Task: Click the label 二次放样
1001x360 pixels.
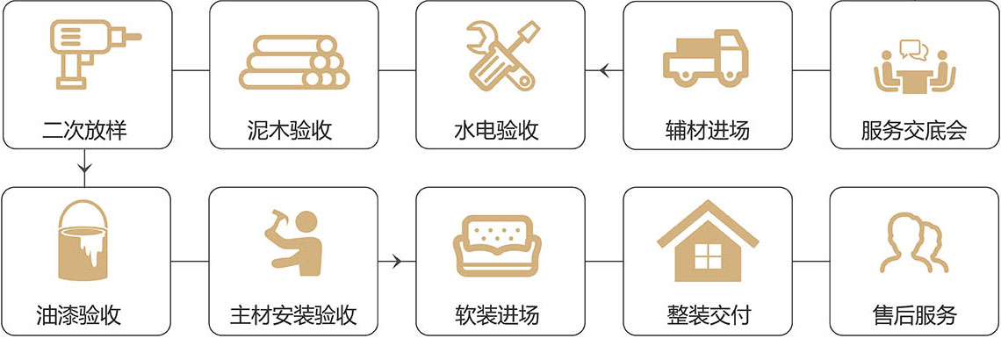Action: [85, 132]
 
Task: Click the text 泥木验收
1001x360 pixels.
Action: [293, 132]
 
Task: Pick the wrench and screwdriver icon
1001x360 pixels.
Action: [500, 54]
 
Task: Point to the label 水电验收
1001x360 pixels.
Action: [500, 132]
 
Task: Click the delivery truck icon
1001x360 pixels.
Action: [706, 60]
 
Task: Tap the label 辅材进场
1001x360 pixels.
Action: [708, 132]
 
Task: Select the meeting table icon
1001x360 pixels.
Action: [914, 64]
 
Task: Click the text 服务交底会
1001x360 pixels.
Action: [914, 132]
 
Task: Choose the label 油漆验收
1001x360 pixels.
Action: [85, 315]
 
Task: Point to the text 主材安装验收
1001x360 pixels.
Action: [293, 315]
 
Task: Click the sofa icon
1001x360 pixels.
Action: [500, 241]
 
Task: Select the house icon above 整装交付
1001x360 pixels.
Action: [707, 241]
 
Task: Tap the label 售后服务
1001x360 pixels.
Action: [914, 315]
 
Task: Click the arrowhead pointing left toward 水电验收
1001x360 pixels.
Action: [603, 69]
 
